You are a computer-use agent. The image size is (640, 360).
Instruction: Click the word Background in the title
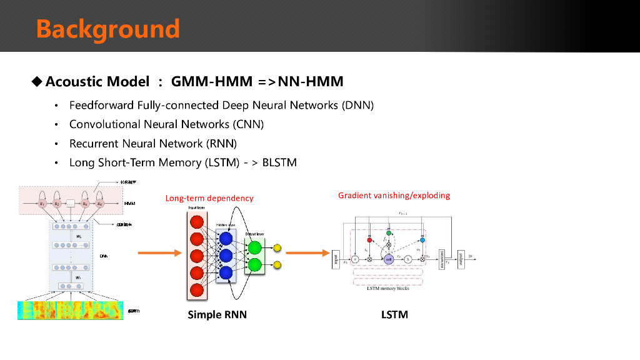pyautogui.click(x=107, y=29)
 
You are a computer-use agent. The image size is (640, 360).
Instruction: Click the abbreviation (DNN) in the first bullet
pyautogui.click(x=357, y=105)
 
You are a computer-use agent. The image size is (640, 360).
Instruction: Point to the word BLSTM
pyautogui.click(x=279, y=163)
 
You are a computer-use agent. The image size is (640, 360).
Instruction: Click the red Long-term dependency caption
pyautogui.click(x=209, y=198)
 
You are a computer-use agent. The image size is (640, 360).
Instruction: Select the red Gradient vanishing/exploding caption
pyautogui.click(x=394, y=196)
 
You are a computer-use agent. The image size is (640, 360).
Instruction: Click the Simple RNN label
pyautogui.click(x=217, y=314)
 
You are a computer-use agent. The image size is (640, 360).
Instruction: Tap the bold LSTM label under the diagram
pyautogui.click(x=394, y=314)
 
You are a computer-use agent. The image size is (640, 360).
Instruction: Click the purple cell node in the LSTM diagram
pyautogui.click(x=388, y=259)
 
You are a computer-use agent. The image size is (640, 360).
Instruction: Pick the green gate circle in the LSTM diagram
pyautogui.click(x=388, y=233)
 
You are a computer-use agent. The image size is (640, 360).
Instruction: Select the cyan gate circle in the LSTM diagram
pyautogui.click(x=422, y=240)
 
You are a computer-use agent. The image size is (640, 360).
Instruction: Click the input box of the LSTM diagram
pyautogui.click(x=336, y=257)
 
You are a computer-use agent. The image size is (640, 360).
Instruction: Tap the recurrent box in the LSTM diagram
pyautogui.click(x=442, y=257)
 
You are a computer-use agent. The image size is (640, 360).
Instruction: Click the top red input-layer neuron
pyautogui.click(x=197, y=222)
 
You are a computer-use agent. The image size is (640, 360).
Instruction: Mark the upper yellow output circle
pyautogui.click(x=277, y=248)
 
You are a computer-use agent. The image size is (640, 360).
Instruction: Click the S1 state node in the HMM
pyautogui.click(x=42, y=203)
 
